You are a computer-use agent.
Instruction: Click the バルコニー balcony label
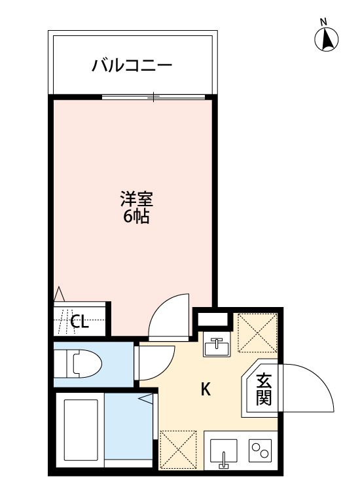click(132, 65)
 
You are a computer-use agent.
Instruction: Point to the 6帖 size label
click(136, 217)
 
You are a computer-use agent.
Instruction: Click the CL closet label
click(79, 321)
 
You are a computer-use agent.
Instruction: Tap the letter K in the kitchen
click(205, 390)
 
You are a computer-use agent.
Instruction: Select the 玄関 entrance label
click(264, 389)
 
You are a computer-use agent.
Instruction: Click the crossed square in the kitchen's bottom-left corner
click(178, 450)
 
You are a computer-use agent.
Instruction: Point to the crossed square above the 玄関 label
click(256, 334)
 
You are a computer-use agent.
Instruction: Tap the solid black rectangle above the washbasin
click(213, 320)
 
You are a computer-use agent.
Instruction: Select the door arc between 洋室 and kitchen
click(170, 317)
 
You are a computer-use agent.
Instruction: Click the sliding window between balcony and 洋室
click(154, 97)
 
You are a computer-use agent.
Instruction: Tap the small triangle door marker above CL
click(60, 293)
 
